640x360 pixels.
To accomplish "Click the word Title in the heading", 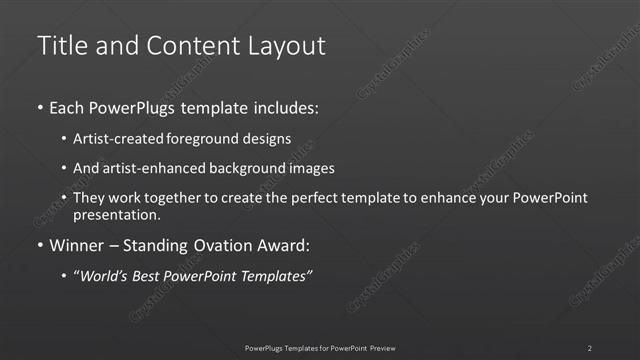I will point(61,46).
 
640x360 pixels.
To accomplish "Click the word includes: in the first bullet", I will point(284,107).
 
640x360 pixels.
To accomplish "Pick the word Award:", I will point(286,245).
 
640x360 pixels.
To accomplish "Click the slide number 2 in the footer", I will point(590,347).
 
